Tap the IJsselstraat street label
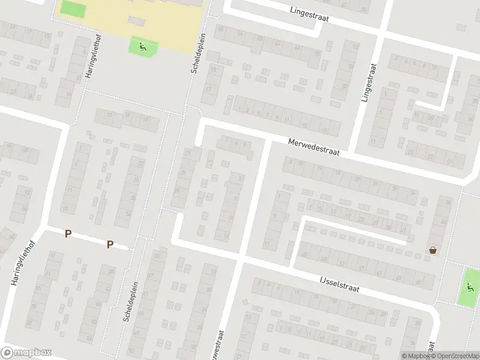(339, 284)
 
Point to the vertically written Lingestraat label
(368, 83)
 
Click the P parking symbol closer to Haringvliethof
(68, 234)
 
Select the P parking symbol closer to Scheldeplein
(110, 244)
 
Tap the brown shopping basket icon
(432, 251)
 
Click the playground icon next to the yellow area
(143, 46)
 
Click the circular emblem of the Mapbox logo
(7, 353)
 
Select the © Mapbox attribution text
(413, 356)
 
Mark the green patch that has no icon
(73, 9)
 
